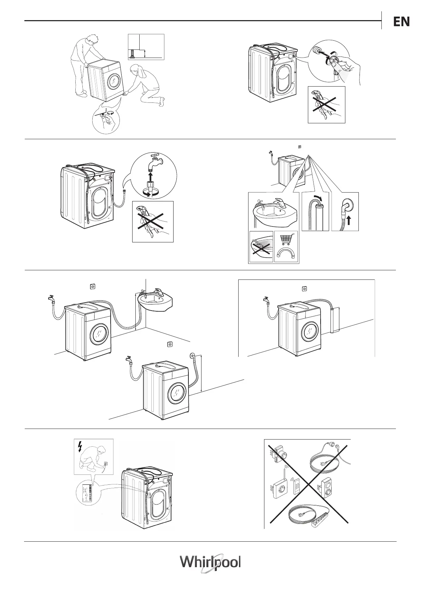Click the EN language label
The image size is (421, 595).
click(401, 22)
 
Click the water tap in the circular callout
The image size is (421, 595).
click(154, 161)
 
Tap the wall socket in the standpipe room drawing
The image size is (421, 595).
click(304, 289)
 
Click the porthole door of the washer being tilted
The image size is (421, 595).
click(114, 81)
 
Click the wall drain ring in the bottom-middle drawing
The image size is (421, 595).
click(193, 355)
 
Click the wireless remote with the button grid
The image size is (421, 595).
click(296, 486)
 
